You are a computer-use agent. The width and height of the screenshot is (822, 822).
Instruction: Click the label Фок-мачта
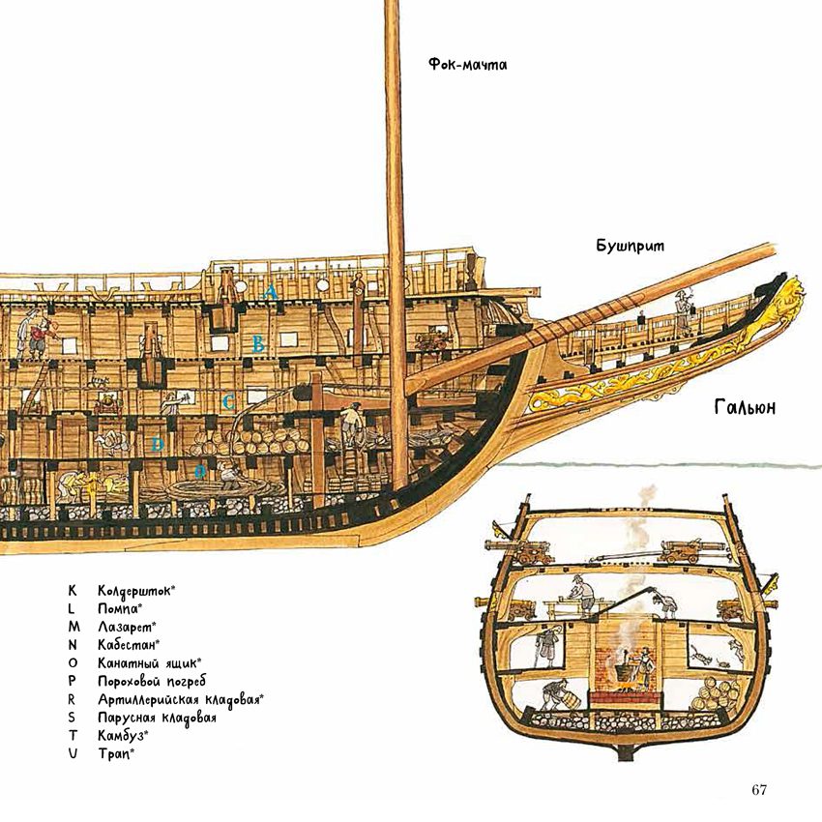(x=468, y=65)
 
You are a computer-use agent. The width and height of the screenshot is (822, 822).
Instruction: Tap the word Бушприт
(x=631, y=246)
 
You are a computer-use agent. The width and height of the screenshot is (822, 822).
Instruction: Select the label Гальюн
(x=745, y=407)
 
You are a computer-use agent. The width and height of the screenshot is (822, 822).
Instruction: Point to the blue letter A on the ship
(x=270, y=292)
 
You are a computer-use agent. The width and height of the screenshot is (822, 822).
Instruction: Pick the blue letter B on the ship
(x=258, y=344)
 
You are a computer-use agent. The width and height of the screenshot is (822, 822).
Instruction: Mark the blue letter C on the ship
(x=228, y=402)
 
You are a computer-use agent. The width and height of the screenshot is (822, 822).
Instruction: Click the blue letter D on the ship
(x=157, y=445)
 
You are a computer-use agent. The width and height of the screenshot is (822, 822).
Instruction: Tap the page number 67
(x=758, y=789)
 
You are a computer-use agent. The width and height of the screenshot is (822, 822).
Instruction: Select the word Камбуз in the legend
(x=121, y=736)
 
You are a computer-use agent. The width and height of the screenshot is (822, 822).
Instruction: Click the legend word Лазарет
(x=124, y=627)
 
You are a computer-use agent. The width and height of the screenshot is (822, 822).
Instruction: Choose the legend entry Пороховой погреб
(x=152, y=682)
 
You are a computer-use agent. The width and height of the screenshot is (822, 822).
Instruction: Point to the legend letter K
(x=72, y=590)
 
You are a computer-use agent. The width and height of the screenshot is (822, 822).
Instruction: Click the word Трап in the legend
(x=113, y=754)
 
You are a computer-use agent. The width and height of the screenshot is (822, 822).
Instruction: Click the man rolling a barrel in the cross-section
(x=557, y=694)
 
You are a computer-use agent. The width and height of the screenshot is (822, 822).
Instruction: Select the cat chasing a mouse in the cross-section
(x=700, y=656)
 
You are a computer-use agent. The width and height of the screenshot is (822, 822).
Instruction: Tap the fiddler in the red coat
(x=40, y=337)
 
